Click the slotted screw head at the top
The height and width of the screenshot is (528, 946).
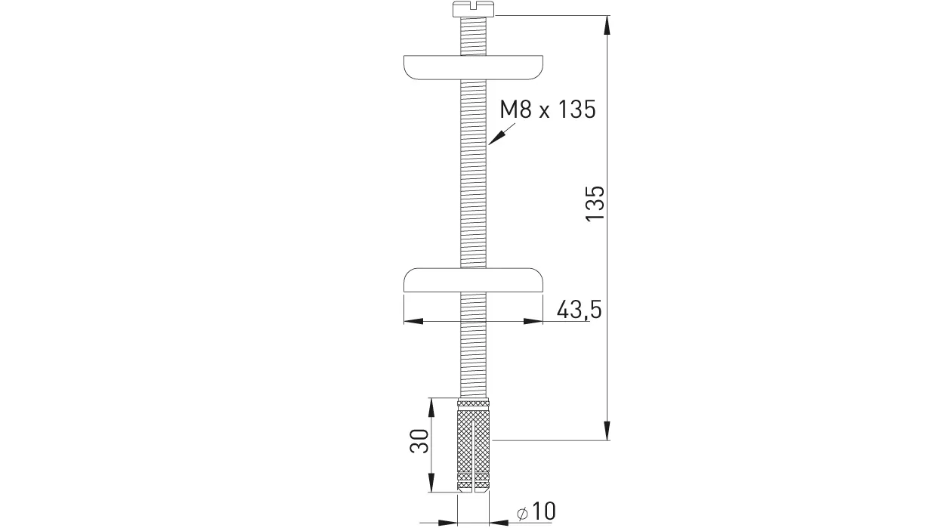[473, 10]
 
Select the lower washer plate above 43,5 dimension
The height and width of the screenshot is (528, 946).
[473, 279]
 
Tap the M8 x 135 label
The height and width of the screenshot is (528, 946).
[548, 110]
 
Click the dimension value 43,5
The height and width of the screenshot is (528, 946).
[578, 310]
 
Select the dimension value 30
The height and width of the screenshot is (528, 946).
[419, 440]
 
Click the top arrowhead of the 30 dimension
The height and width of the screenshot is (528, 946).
[431, 407]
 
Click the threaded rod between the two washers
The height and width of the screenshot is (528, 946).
[473, 174]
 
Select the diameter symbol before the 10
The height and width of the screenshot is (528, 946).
[522, 513]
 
